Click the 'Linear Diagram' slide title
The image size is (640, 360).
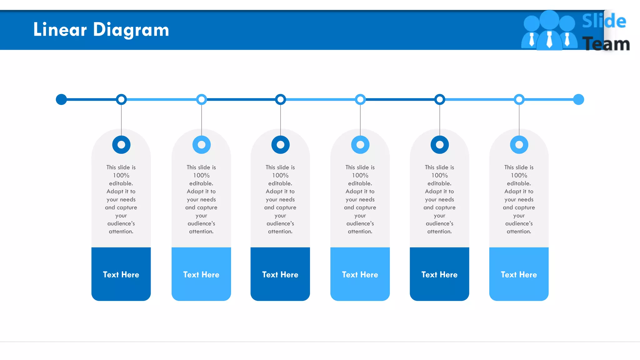coord(101,30)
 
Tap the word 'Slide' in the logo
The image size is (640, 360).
coord(603,21)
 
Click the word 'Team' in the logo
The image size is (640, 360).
coord(606,44)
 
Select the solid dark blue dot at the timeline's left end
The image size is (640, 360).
coord(61,99)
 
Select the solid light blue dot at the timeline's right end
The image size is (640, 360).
coord(578,99)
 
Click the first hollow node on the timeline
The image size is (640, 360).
coord(121,99)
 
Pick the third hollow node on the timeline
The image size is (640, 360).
coord(280,99)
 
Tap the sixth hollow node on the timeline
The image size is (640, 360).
coord(519,99)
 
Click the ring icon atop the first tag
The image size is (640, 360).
coord(121,145)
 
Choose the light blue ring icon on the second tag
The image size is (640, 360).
coord(202,145)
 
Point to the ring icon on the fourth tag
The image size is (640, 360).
coord(360,145)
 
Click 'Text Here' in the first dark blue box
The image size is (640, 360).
coord(121,274)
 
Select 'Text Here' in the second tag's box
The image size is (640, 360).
coord(201,274)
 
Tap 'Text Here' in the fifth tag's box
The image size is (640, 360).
coord(439,274)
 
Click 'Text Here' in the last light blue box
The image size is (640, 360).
coord(519,274)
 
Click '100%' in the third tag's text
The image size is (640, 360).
coord(280,175)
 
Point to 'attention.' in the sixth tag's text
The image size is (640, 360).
coord(519,231)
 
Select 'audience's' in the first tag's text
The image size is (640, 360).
coord(121,223)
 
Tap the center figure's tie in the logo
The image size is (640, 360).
coord(549,40)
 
